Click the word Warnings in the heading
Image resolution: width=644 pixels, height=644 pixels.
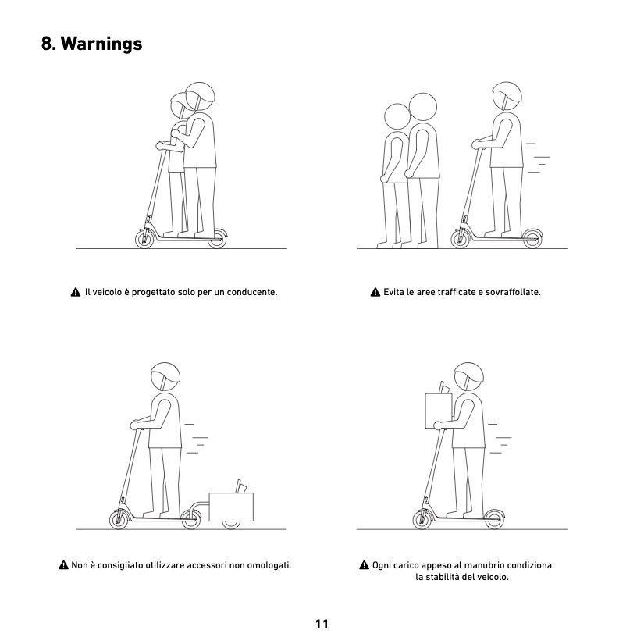pyautogui.click(x=101, y=44)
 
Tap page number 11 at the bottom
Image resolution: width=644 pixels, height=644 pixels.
pyautogui.click(x=322, y=624)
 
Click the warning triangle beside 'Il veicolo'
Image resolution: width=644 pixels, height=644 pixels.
pyautogui.click(x=76, y=292)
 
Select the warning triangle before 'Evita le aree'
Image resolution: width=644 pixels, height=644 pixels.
pyautogui.click(x=375, y=292)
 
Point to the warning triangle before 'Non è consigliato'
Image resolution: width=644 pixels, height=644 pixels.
pyautogui.click(x=64, y=565)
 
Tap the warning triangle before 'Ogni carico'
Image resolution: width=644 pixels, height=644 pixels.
pyautogui.click(x=365, y=565)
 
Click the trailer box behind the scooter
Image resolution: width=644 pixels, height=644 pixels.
pyautogui.click(x=231, y=507)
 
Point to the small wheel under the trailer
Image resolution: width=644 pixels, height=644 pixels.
pyautogui.click(x=231, y=524)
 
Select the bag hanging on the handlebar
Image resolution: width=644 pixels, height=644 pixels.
pyautogui.click(x=438, y=410)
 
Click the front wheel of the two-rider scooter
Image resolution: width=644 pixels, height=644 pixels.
pyautogui.click(x=144, y=239)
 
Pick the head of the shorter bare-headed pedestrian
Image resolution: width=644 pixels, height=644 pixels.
pyautogui.click(x=397, y=116)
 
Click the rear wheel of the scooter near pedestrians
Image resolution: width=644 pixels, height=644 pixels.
pyautogui.click(x=532, y=239)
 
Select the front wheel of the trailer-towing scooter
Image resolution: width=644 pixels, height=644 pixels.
pyautogui.click(x=119, y=520)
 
